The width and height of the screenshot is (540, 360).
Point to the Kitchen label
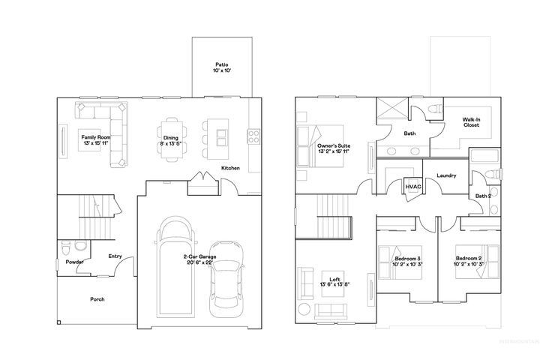[230, 168]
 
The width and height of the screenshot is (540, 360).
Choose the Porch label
[97, 299]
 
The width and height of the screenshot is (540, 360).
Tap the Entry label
[115, 256]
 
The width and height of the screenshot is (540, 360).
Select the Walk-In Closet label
[471, 123]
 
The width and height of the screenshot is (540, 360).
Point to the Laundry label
[446, 175]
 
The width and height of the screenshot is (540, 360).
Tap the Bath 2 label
[484, 196]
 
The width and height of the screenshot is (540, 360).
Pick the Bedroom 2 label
[468, 261]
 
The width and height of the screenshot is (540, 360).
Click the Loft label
[331, 281]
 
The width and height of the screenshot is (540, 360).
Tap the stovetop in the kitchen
[253, 136]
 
